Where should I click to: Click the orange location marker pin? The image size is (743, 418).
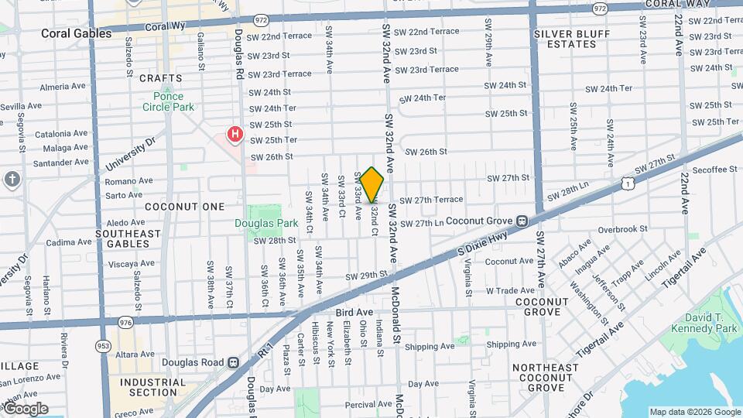(372, 184)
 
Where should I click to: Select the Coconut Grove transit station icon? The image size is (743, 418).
(522, 221)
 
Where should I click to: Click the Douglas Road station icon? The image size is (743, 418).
(233, 362)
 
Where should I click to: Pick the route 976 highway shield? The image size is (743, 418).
(125, 321)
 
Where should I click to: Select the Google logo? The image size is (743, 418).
(25, 409)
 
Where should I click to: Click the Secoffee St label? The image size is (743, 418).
(715, 170)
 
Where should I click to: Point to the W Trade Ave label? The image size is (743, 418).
(510, 291)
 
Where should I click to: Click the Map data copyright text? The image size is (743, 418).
(694, 412)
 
